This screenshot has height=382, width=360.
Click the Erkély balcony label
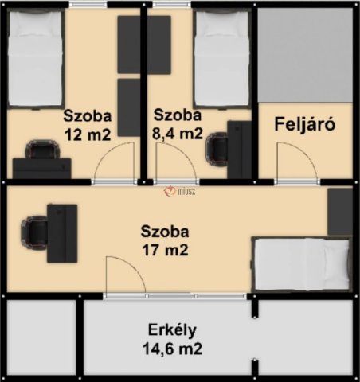coord(172,329)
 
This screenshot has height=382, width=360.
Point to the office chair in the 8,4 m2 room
coord(218,146)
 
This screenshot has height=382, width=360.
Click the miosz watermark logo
coord(179,190)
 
